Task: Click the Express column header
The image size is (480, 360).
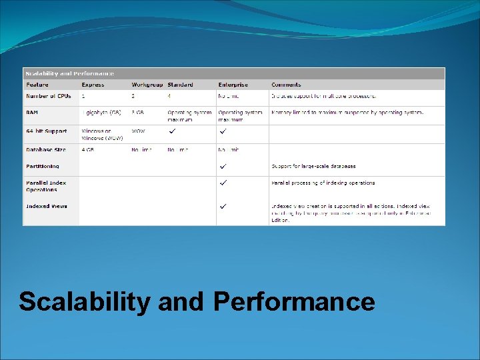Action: (93, 85)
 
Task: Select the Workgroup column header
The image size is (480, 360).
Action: (147, 85)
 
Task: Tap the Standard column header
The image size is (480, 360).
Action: (180, 85)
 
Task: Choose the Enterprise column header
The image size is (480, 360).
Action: (233, 85)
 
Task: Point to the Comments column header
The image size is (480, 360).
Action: (286, 85)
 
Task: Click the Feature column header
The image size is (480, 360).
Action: (37, 85)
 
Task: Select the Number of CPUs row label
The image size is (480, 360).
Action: (49, 97)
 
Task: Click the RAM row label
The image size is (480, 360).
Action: (32, 113)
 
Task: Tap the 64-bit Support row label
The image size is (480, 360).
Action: (47, 131)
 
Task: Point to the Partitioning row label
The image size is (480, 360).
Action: (43, 166)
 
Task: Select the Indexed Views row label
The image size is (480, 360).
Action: (47, 207)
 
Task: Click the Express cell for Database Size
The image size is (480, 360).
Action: (87, 150)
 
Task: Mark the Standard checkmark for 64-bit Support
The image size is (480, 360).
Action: (172, 131)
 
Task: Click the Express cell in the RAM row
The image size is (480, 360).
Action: (101, 113)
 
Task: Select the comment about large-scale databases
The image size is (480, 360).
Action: (313, 166)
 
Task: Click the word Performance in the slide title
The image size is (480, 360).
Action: (294, 302)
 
